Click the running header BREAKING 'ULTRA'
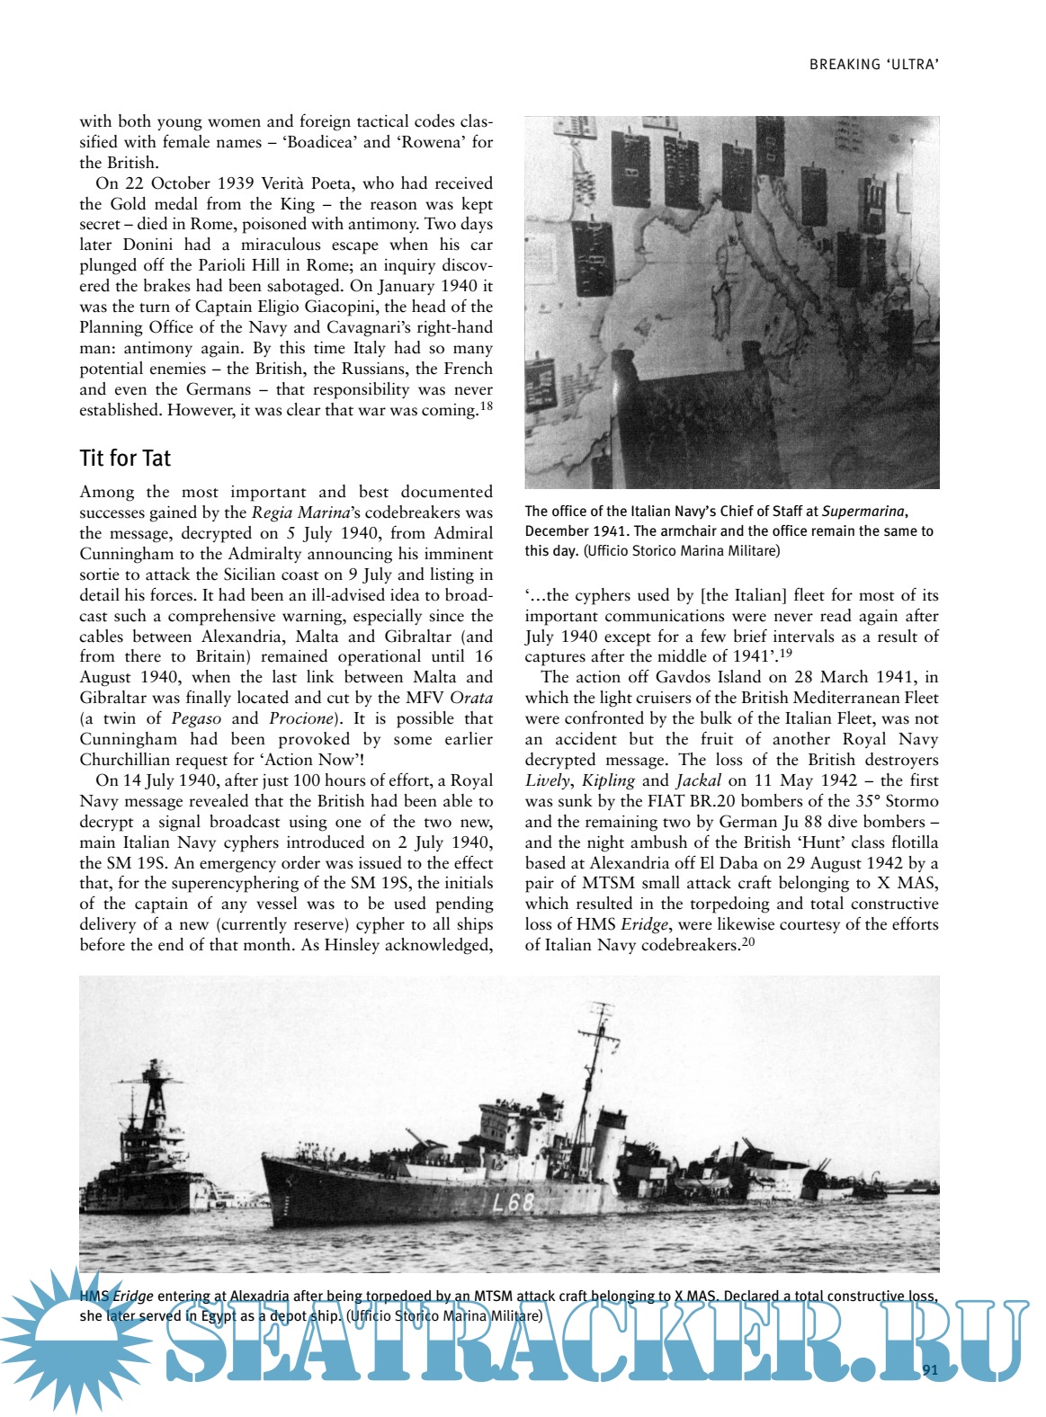[873, 65]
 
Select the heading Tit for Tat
[125, 459]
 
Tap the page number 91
[930, 1370]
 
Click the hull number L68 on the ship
[514, 1202]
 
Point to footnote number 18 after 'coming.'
[486, 405]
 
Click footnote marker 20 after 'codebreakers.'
[748, 941]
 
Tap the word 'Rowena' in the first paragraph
[431, 142]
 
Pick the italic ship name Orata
[471, 698]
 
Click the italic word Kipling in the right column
[608, 780]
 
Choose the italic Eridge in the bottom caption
[132, 1297]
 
